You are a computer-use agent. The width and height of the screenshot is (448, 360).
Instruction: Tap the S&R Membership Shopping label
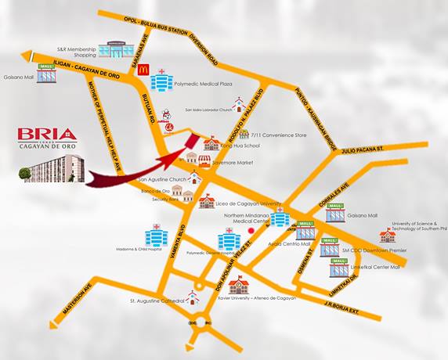74,52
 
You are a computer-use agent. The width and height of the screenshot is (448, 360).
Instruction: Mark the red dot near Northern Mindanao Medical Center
251,231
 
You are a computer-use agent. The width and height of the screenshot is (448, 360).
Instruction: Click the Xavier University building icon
238,286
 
